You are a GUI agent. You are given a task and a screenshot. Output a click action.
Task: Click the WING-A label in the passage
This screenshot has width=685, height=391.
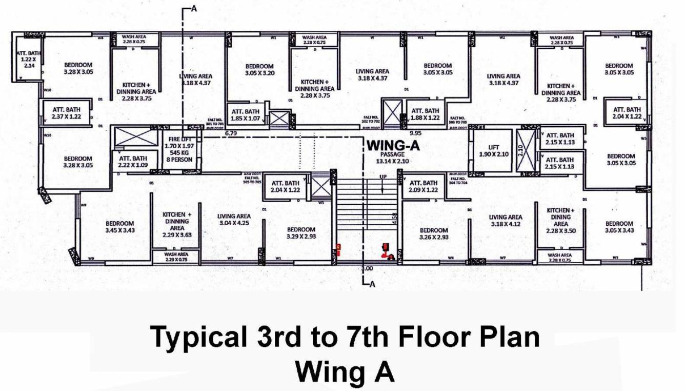[393, 146]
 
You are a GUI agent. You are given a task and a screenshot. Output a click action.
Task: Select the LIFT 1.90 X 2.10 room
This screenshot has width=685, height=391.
[492, 151]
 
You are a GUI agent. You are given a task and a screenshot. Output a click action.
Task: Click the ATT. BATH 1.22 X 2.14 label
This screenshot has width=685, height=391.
[25, 59]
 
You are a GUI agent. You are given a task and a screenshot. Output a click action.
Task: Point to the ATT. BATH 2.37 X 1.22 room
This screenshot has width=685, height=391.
[67, 113]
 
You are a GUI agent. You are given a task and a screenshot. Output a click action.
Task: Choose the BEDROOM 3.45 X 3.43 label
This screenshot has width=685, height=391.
[120, 227]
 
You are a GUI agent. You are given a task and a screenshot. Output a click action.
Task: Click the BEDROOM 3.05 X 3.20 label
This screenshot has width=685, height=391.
[259, 70]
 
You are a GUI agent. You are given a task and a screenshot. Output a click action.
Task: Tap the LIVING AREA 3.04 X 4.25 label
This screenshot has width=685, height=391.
[234, 220]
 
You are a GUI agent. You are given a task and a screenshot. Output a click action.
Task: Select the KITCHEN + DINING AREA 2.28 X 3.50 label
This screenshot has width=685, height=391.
[561, 221]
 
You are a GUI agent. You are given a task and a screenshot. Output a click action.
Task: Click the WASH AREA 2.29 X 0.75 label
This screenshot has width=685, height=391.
[176, 257]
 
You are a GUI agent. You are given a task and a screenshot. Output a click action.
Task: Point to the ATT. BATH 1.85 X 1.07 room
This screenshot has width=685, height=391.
[245, 115]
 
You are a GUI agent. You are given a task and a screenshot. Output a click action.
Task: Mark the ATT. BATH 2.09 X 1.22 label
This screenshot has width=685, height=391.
[424, 186]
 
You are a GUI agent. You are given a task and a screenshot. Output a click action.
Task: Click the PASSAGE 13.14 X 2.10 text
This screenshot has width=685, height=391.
[393, 158]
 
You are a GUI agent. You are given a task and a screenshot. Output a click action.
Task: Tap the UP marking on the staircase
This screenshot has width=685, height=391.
[382, 177]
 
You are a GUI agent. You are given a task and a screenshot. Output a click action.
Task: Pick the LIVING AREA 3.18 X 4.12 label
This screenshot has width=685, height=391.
[505, 221]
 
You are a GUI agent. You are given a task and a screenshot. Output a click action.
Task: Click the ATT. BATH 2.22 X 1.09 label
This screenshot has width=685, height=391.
[133, 162]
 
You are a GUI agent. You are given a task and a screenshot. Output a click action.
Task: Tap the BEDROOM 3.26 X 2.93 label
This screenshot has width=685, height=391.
[433, 234]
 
